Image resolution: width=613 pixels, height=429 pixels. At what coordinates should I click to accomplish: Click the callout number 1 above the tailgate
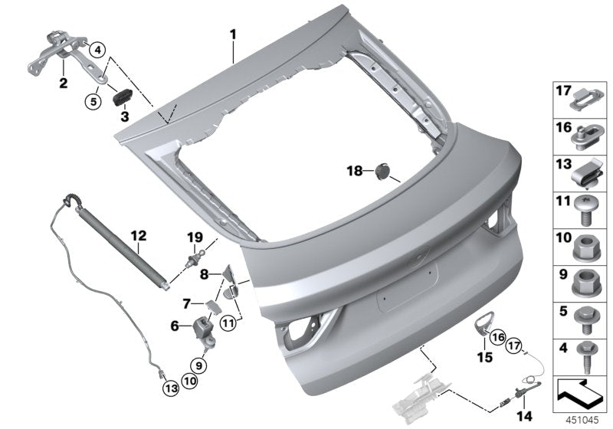click(233, 34)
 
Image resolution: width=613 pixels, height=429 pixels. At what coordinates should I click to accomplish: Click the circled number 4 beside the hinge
click(97, 51)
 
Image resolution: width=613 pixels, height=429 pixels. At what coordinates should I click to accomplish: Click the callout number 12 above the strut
click(138, 237)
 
